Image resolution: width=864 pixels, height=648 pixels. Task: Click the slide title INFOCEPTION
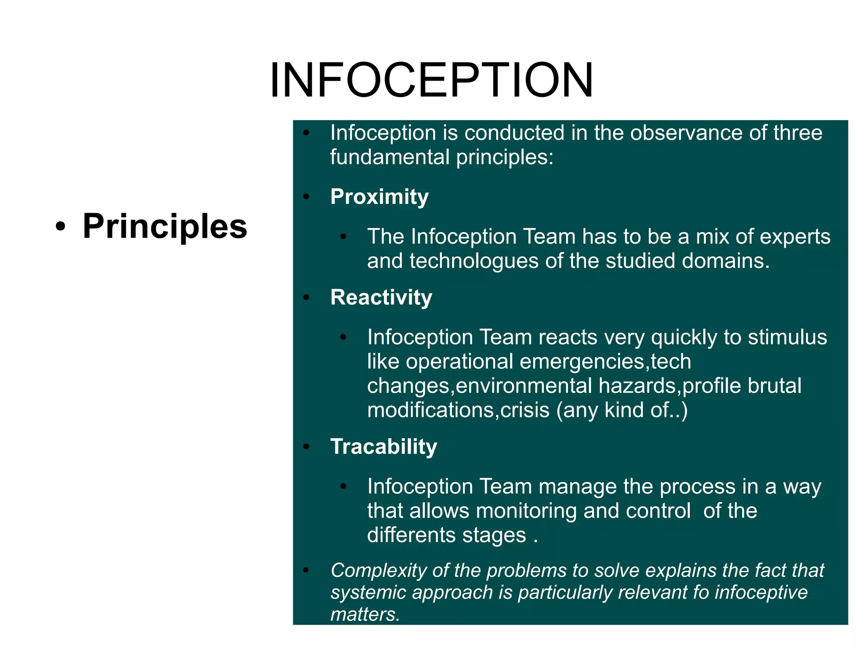coord(432,80)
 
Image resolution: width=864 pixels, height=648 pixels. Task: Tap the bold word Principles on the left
coord(165,226)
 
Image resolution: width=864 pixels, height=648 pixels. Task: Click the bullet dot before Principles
coord(61,227)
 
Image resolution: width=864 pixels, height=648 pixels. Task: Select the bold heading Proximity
coord(379,197)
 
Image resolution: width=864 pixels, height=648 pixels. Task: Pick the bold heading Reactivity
coord(381,297)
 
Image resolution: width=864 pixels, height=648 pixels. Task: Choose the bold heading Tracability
coord(383,447)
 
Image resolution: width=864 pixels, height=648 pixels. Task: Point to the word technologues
coord(474,261)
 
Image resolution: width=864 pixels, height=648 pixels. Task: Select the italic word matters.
coord(364,614)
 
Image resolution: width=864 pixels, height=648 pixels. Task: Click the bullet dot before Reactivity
coord(306,298)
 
